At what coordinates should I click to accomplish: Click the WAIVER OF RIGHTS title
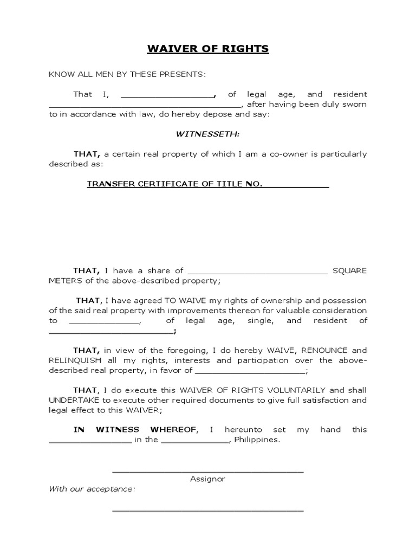coord(208,49)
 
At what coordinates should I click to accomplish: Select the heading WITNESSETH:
coord(208,133)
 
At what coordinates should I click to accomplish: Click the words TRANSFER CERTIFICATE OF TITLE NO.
coord(175,184)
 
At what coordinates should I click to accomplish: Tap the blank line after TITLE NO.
coord(296,186)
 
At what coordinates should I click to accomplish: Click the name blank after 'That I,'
coord(167,95)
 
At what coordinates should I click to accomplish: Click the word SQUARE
coord(349,270)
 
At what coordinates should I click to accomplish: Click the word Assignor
coord(208,479)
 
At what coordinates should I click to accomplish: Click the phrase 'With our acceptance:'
coord(92,489)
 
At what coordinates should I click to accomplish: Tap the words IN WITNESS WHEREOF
coord(135,429)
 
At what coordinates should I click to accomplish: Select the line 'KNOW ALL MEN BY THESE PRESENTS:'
coord(128,74)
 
